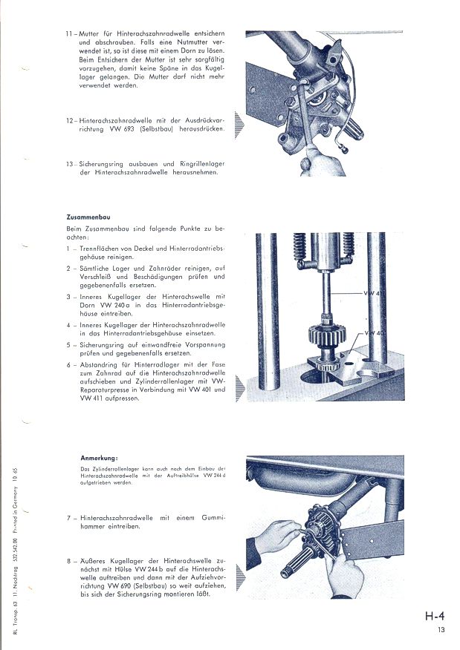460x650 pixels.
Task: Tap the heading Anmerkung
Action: tap(99, 457)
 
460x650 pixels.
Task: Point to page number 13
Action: tap(441, 631)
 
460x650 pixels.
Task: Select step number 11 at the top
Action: tap(69, 35)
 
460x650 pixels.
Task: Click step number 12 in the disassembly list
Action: tap(69, 120)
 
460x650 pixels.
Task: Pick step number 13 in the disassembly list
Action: tap(69, 163)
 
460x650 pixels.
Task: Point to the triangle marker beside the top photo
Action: tap(239, 123)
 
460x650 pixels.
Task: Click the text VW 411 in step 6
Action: tap(91, 399)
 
